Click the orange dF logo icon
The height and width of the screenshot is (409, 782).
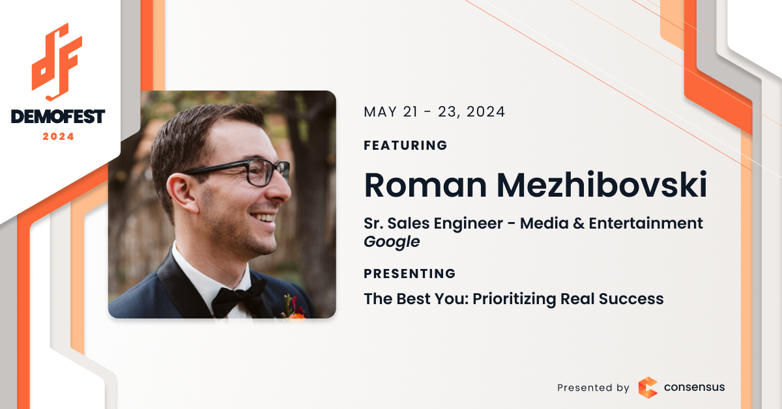tap(57, 62)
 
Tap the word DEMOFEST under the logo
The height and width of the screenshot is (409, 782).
tap(58, 117)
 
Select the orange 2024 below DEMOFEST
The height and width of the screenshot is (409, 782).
tap(58, 137)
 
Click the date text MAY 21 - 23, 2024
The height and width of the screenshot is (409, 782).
tap(434, 111)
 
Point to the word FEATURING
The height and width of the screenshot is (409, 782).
tap(405, 145)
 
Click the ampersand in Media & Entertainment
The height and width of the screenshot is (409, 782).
tap(579, 223)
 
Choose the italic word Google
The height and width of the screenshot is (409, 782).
tap(392, 242)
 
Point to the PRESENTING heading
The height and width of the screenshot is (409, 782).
tap(409, 274)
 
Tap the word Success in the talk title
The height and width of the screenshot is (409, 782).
tap(631, 299)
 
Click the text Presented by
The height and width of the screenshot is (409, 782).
tap(593, 388)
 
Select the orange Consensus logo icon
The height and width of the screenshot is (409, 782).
tap(648, 388)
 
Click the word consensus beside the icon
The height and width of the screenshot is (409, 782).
tap(694, 387)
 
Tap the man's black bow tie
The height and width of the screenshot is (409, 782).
tap(238, 297)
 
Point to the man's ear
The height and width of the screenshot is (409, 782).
tap(182, 193)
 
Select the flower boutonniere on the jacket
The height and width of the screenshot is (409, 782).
tap(293, 307)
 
